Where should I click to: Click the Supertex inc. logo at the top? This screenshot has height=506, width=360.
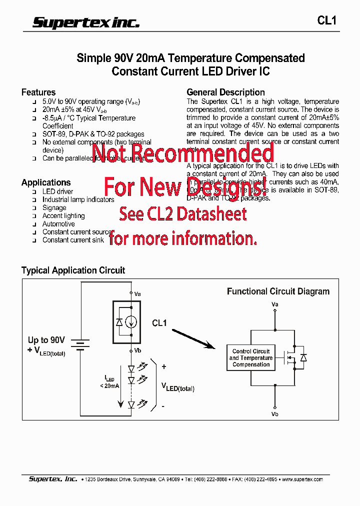point(86,22)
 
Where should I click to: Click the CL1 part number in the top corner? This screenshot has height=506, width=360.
point(327,20)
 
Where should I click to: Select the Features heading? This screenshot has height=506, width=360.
point(38,92)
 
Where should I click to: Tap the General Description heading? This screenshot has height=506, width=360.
point(225,92)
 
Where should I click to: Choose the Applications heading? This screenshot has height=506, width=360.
point(46,182)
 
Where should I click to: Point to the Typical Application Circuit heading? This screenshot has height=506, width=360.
point(73,270)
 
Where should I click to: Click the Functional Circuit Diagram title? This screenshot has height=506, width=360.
point(278,291)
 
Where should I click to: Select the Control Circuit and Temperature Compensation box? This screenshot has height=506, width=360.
point(251,358)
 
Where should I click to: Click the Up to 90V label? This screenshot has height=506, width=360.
point(46,340)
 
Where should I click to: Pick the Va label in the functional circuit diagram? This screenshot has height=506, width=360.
point(274,304)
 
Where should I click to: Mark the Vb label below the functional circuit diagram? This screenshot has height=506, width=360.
point(274,414)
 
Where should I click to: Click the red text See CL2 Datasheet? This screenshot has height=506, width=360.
point(182,214)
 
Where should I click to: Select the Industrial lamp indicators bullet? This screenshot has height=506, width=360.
point(78,199)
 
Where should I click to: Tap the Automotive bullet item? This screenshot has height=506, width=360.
point(58,224)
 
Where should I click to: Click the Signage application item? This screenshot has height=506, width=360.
point(54,207)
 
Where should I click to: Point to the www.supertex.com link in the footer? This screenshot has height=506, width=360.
point(302,479)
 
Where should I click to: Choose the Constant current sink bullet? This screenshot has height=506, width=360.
point(73,240)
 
